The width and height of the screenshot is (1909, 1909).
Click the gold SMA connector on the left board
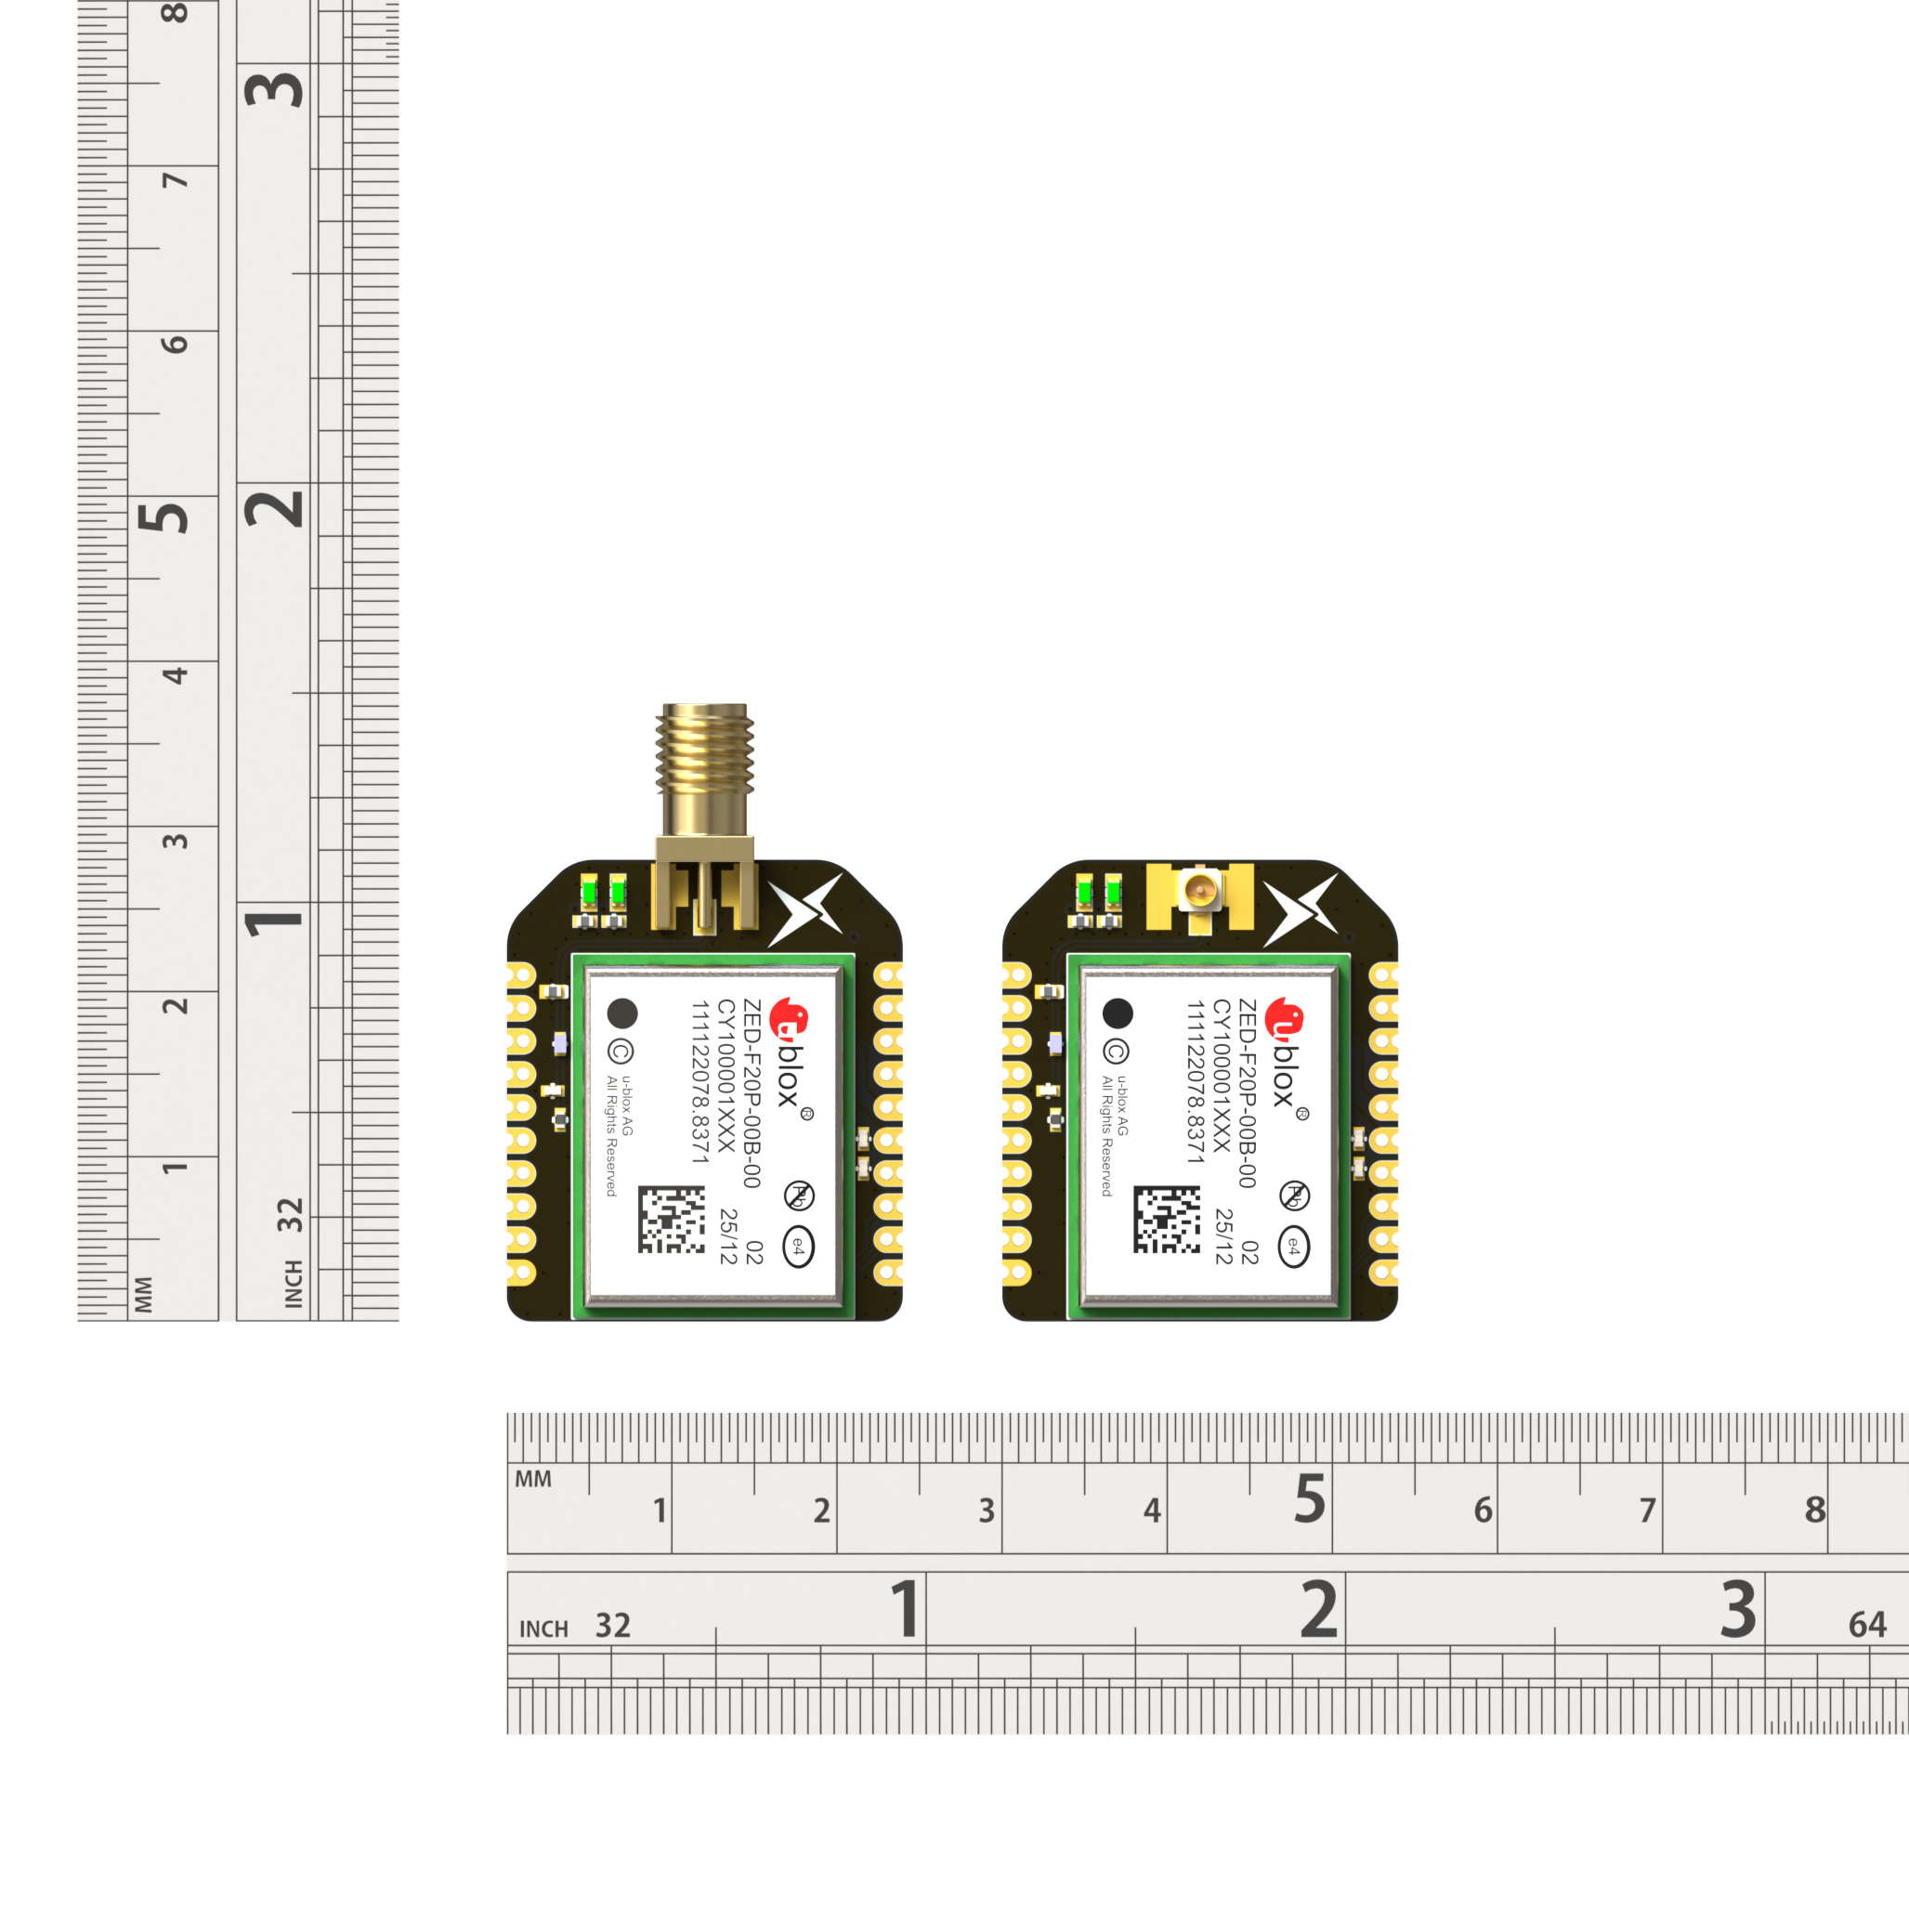click(x=704, y=818)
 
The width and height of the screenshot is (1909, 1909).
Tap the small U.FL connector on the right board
click(x=1199, y=892)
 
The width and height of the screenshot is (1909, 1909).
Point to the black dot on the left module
click(x=622, y=1013)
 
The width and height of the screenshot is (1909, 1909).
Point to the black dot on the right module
click(x=1118, y=1013)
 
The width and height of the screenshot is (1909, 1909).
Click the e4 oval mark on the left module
click(x=798, y=1247)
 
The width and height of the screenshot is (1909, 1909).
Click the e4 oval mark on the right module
click(x=1293, y=1247)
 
